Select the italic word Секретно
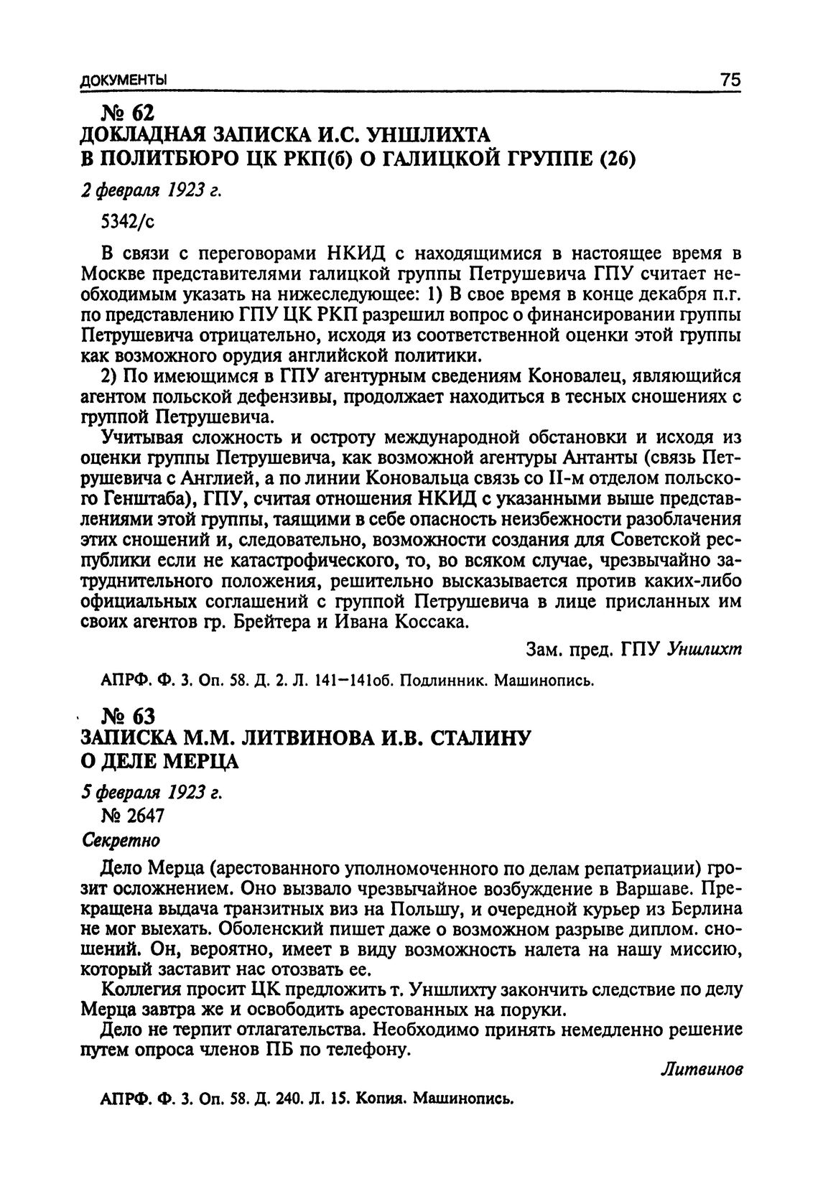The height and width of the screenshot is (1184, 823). [121, 839]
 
